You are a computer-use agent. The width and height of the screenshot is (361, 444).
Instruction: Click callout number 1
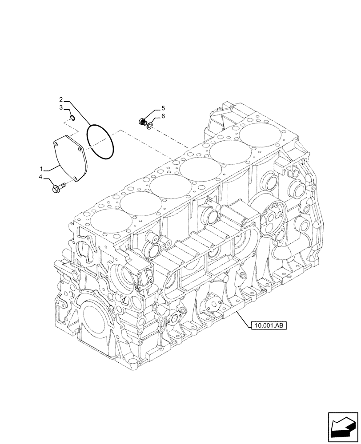pos(41,169)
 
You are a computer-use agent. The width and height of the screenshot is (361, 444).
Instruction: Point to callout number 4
pos(40,177)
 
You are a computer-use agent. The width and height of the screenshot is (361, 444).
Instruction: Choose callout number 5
pos(163,108)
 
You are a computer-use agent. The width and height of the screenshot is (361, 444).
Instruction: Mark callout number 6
pos(163,116)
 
